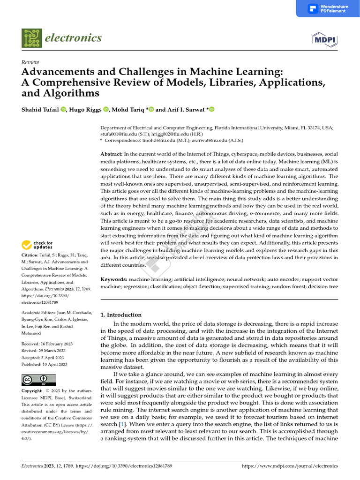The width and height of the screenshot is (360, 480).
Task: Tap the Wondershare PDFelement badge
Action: [328, 8]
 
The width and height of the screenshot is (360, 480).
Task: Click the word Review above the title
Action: [30, 62]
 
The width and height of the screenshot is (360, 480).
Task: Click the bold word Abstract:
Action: [112, 154]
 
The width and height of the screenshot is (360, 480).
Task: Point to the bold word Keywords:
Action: [114, 279]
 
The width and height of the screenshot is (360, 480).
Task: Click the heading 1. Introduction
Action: [121, 315]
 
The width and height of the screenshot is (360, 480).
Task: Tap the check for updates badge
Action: [37, 245]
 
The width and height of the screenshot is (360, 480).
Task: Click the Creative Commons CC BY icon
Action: [38, 380]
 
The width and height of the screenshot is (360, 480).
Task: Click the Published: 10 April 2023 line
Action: [45, 364]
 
